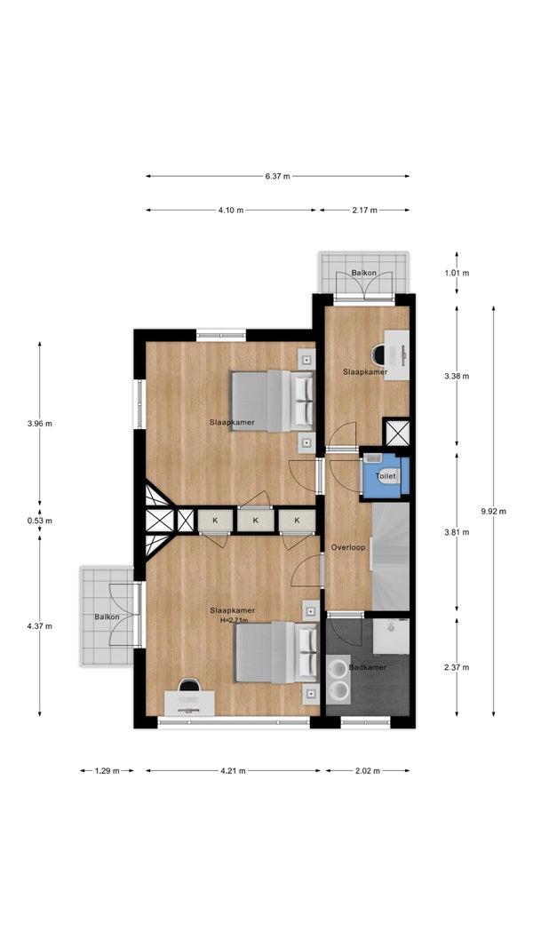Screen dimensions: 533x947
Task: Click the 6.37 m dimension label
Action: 277,177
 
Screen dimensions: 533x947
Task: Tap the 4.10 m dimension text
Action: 231,211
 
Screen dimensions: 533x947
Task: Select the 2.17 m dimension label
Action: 364,211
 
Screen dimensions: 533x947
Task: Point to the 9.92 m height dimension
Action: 493,512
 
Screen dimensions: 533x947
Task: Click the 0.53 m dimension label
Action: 40,521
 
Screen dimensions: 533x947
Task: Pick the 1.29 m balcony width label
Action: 107,770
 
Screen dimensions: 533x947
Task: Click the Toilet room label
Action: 386,476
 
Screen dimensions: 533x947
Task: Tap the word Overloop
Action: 348,548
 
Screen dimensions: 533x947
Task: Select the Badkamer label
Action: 368,667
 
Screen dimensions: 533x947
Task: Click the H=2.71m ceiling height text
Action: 235,620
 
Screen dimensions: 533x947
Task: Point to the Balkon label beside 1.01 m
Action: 364,273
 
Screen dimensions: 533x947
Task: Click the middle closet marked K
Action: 255,520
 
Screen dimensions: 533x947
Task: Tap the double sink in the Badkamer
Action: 338,678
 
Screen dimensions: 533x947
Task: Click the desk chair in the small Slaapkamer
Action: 379,354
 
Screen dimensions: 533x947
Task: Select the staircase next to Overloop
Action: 391,556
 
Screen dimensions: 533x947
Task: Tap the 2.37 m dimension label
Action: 457,667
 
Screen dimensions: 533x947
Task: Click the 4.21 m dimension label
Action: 233,770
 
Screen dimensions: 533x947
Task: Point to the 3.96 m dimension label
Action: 40,424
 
